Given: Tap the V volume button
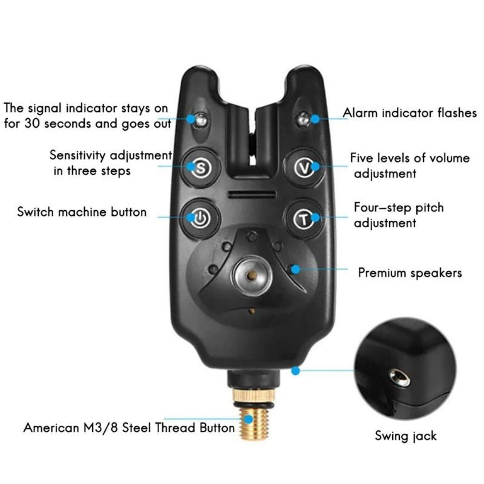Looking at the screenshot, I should click(303, 167).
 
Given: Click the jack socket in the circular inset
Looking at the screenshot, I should click(400, 377).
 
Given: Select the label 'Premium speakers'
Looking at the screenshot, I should click(410, 273).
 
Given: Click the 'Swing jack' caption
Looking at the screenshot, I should click(406, 436).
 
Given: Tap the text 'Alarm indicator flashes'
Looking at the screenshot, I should click(410, 113).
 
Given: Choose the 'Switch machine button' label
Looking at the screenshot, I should click(82, 212).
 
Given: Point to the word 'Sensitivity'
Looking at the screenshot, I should click(77, 156).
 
